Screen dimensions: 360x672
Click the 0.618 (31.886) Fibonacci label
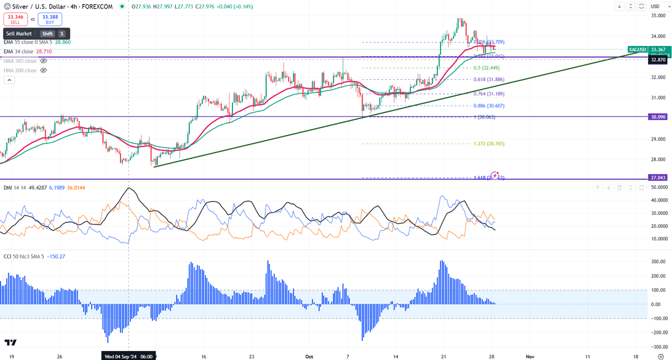pyautogui.click(x=488, y=80)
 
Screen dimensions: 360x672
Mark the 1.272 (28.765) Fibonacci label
pyautogui.click(x=488, y=144)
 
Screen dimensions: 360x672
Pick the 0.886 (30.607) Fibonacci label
pyautogui.click(x=488, y=106)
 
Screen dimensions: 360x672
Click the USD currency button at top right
pyautogui.click(x=655, y=6)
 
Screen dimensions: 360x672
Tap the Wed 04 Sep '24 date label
pyautogui.click(x=127, y=356)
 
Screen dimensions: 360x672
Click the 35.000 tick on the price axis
pyautogui.click(x=658, y=16)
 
